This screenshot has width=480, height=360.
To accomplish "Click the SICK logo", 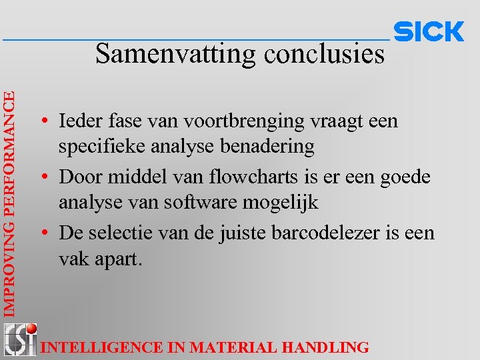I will (429, 32).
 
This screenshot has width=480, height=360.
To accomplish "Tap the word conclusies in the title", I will (324, 54).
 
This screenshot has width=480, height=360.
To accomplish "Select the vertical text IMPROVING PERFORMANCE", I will (9, 203).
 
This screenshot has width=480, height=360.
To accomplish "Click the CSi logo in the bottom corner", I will (19, 339).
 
